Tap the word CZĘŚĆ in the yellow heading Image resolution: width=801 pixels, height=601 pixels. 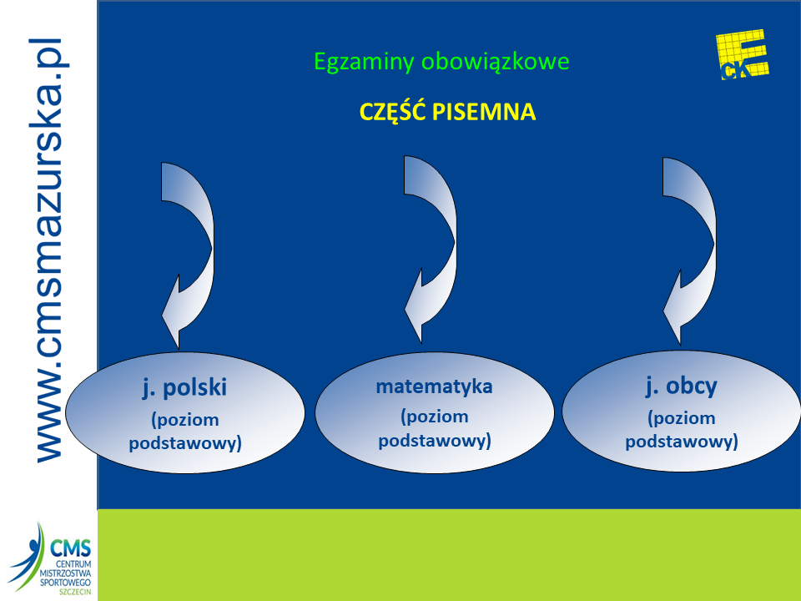tap(392, 111)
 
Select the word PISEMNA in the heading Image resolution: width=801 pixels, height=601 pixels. tap(484, 112)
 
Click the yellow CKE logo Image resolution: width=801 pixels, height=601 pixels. tap(743, 55)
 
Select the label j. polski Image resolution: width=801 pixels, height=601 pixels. tap(184, 388)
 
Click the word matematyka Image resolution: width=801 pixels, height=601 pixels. tap(434, 386)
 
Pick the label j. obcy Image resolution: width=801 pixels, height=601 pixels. tap(682, 386)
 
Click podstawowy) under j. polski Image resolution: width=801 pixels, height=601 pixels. tap(185, 443)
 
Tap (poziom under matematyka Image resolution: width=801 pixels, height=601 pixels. tap(434, 417)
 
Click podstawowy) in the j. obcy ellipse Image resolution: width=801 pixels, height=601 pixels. tap(682, 442)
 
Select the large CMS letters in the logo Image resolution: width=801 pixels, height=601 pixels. tap(70, 548)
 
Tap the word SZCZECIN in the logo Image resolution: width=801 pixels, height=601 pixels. tap(75, 592)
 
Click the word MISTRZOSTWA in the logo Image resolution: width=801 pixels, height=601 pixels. tap(65, 573)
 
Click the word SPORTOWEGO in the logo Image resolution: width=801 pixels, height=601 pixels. tap(65, 583)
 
